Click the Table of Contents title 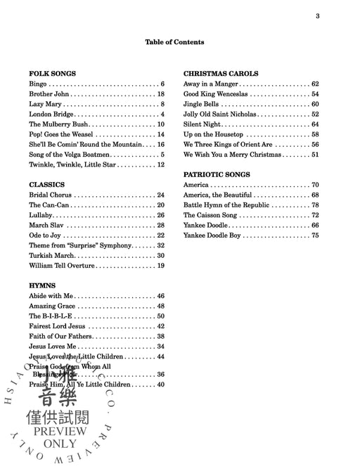pos(174,42)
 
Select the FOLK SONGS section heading pos(52,73)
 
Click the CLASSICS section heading pos(47,184)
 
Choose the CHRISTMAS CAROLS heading pos(221,73)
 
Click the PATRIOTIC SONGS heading pos(217,174)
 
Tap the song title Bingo pos(38,84)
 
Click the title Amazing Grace pos(52,306)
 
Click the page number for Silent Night pos(315,124)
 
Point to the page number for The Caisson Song pos(315,215)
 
